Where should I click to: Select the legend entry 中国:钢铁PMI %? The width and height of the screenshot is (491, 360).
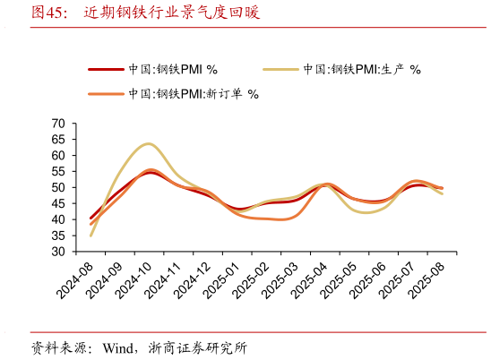point(173,68)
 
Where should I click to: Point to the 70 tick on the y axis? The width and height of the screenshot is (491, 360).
point(59,123)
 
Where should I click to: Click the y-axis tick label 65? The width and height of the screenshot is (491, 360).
point(59,139)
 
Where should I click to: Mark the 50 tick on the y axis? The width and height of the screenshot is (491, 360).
point(59,187)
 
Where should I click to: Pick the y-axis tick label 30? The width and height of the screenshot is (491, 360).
point(59,252)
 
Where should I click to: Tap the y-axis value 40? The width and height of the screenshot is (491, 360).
point(59,219)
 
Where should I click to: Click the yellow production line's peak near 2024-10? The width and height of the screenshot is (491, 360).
point(148,143)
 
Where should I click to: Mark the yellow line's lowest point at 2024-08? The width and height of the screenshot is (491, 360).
point(91,236)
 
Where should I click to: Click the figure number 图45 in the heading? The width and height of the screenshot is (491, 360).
point(47,13)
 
